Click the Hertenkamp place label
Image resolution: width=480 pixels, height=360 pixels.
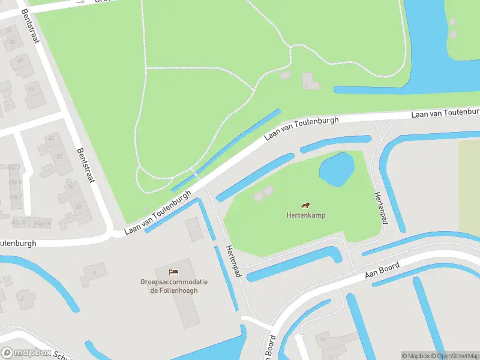point(305,215)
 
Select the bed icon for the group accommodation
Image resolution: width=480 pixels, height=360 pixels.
point(174,273)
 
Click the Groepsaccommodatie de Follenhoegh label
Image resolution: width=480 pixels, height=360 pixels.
point(174,286)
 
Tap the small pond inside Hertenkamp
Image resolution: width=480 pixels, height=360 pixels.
point(336,169)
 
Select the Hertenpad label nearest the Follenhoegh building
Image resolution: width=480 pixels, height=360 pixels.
point(233,261)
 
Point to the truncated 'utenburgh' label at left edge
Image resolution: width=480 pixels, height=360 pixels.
point(18,244)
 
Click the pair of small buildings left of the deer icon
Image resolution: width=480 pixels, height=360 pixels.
point(263,193)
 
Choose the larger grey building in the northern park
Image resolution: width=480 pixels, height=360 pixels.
point(310,80)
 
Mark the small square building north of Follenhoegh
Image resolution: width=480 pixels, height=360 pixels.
point(194,229)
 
